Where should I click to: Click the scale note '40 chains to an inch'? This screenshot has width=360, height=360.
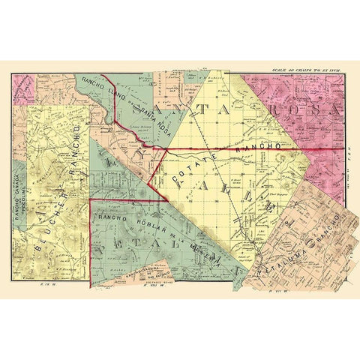click(x=308, y=67)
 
